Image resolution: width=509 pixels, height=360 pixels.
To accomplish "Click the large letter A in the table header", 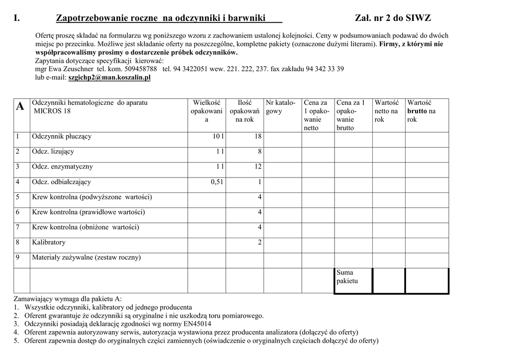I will pos(20,106).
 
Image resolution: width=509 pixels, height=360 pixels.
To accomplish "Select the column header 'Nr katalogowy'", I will pos(281,107).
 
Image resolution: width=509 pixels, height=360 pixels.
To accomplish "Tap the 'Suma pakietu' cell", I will pos(347,276).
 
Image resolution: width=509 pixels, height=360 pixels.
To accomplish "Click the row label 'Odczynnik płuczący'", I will pos(62,136).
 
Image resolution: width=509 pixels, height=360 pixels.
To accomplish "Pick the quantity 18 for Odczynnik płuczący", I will pos(257,137).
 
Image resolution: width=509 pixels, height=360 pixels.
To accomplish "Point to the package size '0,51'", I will pos(217,182).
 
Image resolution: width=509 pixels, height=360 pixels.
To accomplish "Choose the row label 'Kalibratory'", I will pos(49,243).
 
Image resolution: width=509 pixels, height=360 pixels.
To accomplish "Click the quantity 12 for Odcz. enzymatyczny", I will pos(257,167).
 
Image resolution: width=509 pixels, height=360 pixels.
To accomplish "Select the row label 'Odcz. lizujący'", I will pos(53,152).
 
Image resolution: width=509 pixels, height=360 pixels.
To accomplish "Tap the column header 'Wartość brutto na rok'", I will pos(422,111).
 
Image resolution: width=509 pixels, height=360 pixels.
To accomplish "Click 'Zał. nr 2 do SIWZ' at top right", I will pos(393,18).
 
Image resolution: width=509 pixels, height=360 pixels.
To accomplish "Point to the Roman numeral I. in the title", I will pos(17,18).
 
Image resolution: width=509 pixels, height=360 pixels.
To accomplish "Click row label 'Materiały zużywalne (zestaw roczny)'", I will pos(86,258).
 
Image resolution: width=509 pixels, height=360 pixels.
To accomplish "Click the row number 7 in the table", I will pos(17,227).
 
